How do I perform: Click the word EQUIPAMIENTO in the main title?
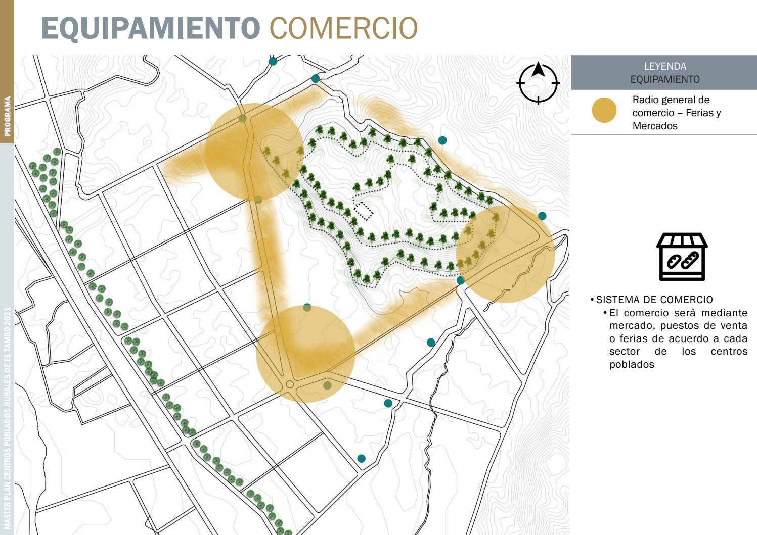click(x=150, y=28)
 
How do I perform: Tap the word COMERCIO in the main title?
click(x=343, y=28)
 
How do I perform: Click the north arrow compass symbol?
click(x=538, y=83)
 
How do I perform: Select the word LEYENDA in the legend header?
click(x=664, y=66)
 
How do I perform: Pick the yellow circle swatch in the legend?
click(x=604, y=110)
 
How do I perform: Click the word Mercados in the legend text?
click(x=655, y=126)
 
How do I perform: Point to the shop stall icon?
click(x=682, y=257)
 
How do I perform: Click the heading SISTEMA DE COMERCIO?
click(x=654, y=300)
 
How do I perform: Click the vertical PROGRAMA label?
click(x=8, y=117)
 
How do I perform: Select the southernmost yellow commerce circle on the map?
click(x=305, y=354)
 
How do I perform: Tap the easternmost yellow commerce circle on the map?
click(x=506, y=254)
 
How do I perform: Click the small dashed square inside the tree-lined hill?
click(x=364, y=211)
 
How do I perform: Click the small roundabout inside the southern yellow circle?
click(x=290, y=384)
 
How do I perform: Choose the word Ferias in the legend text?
click(x=702, y=113)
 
